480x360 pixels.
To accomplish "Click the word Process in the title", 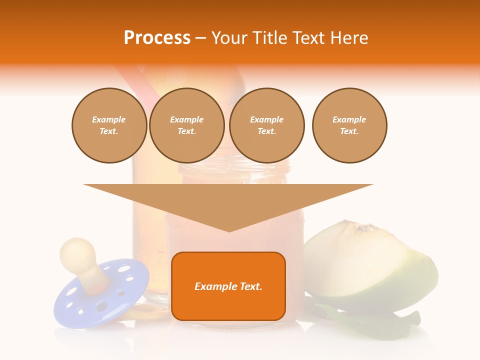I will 157,38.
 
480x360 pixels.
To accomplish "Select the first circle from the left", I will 109,125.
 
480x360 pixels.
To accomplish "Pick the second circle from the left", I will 186,125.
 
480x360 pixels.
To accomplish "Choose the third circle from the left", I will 266,125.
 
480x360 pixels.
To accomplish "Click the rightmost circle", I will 349,125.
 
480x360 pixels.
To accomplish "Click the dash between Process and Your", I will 200,38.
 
